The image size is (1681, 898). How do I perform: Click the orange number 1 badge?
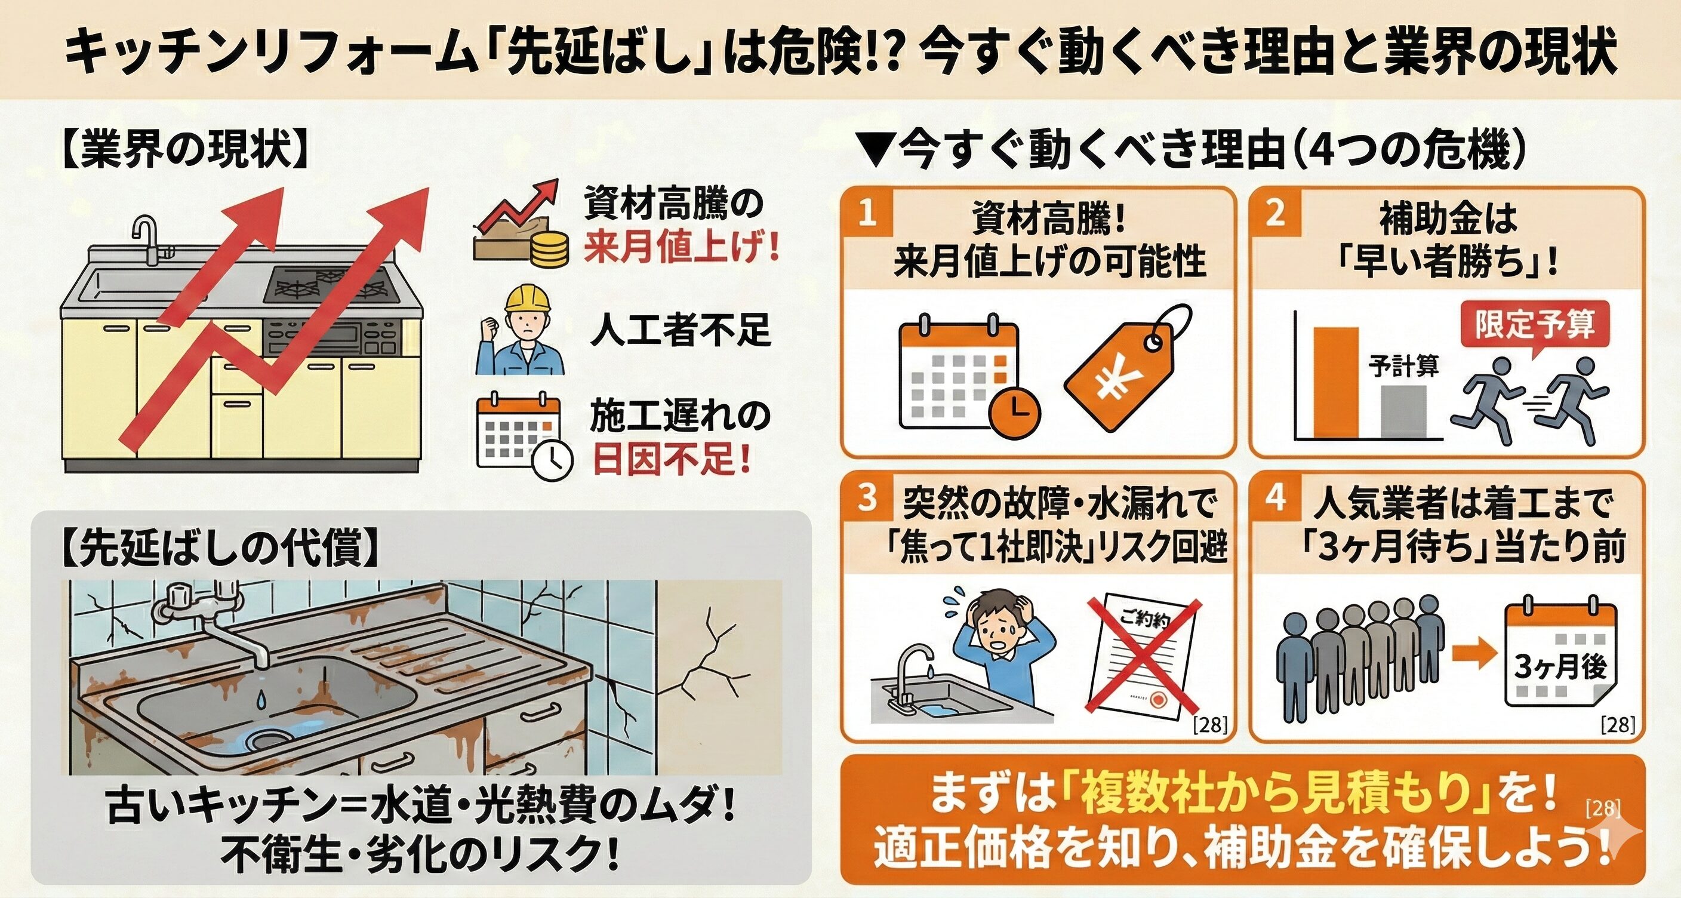866,212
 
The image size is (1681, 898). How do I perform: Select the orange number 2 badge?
1274,212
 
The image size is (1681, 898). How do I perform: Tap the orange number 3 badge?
866,497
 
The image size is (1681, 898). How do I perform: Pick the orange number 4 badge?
1274,497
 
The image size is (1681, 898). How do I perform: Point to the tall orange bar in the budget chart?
1335,382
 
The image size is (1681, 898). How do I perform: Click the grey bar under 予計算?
1402,412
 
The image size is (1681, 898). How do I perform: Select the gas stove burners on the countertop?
333,285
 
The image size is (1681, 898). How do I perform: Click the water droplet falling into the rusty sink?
261,699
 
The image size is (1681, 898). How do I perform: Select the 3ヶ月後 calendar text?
1560,666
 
